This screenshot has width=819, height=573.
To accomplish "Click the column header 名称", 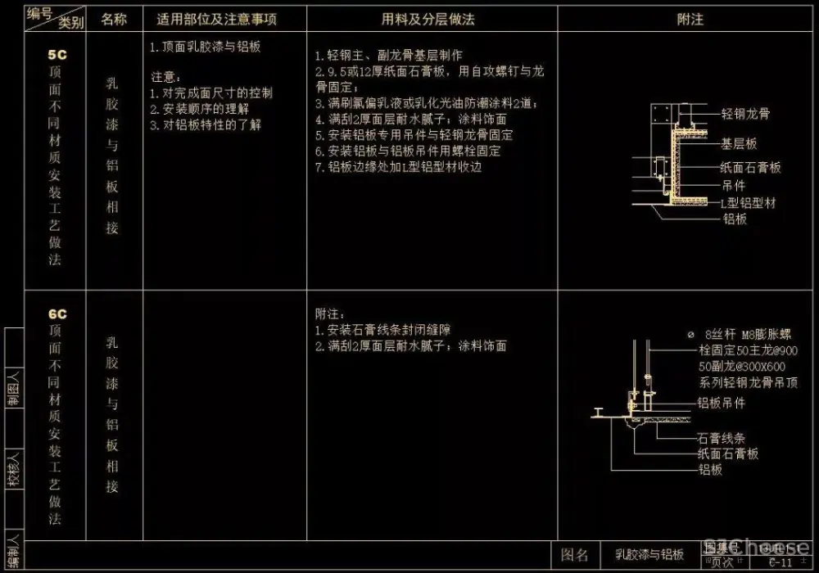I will click(114, 19).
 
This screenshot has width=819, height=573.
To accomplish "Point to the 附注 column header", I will click(690, 19).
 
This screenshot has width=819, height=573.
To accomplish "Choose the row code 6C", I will click(57, 314).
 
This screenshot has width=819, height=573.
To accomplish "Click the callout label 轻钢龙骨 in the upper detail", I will click(745, 115).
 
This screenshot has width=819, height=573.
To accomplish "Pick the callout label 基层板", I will click(739, 144).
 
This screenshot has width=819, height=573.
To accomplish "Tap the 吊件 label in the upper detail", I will click(733, 186).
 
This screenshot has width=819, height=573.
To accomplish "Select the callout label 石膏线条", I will click(721, 438).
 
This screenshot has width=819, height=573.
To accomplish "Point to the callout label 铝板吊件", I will click(721, 403).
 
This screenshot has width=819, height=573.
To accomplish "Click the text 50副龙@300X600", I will click(742, 367).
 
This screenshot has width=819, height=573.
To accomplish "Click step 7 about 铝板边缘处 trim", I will click(399, 167).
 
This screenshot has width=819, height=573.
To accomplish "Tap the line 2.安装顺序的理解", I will click(200, 109).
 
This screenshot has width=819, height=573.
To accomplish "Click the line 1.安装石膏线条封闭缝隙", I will click(383, 330).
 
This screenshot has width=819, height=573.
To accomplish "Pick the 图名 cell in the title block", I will click(574, 555).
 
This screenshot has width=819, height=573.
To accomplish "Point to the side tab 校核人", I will click(14, 468).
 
